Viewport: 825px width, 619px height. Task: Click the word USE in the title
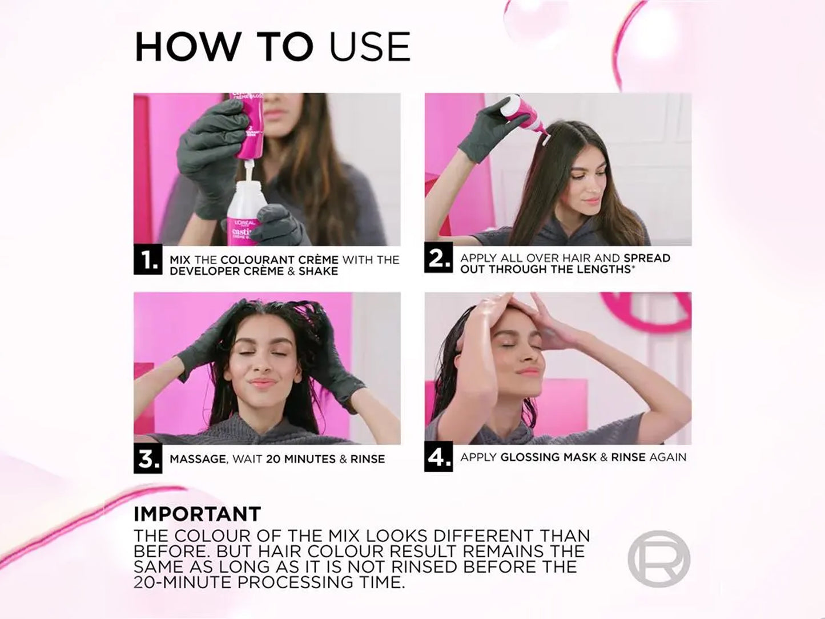tap(369, 47)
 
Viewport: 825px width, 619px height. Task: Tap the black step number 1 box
tap(148, 260)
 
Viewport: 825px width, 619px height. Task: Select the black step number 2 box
tap(438, 258)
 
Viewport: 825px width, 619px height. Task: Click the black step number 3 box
tap(148, 459)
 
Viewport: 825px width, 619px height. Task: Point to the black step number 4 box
tap(438, 457)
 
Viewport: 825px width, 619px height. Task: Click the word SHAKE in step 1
tap(319, 271)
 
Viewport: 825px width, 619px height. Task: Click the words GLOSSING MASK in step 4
tap(548, 457)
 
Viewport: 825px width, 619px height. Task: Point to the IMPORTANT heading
tap(198, 513)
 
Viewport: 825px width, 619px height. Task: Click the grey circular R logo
tap(658, 558)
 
